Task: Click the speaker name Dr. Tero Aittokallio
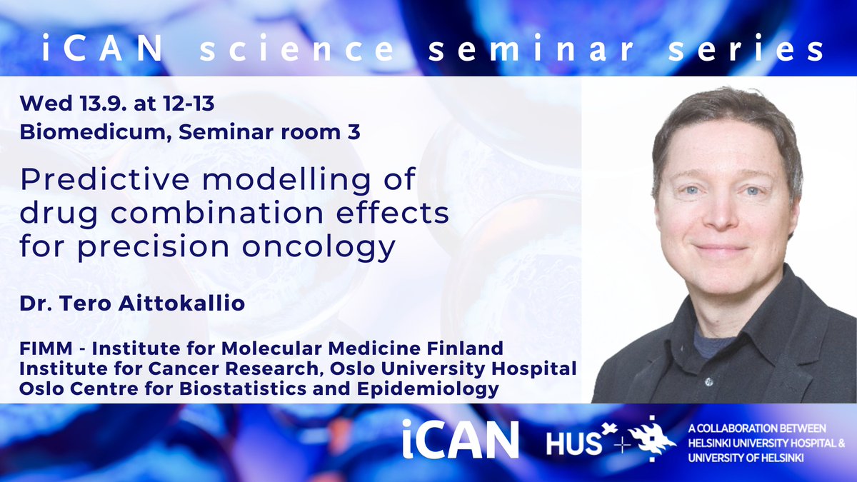(x=133, y=303)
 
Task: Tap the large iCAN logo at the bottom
(x=460, y=438)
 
